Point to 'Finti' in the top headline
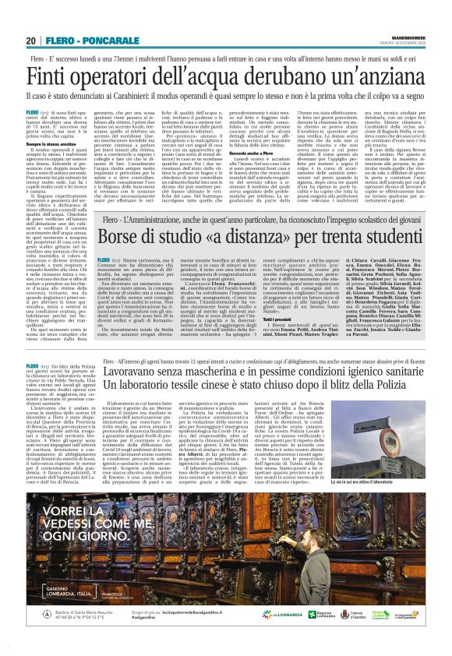pyautogui.click(x=59, y=79)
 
